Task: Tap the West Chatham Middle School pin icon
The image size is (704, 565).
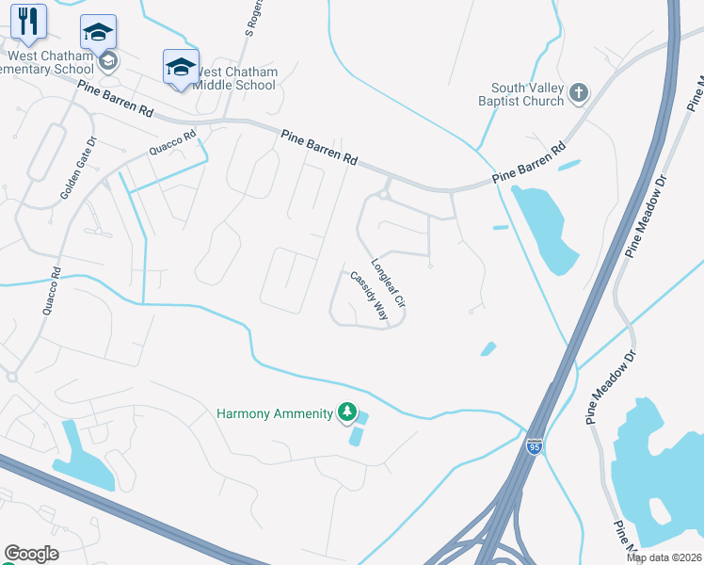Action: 181,67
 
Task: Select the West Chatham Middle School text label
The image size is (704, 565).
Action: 234,78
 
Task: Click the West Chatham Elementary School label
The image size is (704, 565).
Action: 47,62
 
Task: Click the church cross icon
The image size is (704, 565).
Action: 578,92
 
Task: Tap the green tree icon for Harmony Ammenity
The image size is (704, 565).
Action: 347,412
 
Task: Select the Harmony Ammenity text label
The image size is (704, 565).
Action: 275,413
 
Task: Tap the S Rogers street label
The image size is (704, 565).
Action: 251,19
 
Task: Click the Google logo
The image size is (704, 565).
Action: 31,554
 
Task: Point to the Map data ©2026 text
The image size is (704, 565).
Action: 664,557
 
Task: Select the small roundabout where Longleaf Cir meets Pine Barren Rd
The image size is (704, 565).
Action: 384,195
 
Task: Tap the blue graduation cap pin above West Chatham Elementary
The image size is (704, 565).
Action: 98,33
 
